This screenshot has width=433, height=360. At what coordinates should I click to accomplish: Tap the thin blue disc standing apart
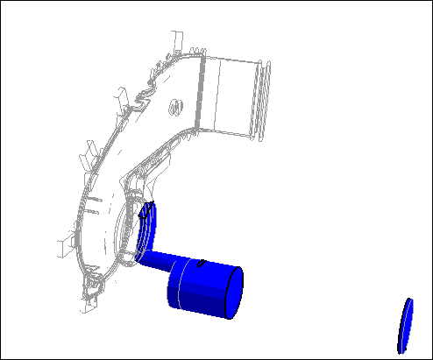tap(405, 324)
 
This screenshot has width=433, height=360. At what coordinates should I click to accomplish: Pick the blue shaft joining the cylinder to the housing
tap(156, 258)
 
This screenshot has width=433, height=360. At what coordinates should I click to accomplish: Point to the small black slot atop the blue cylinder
tap(202, 261)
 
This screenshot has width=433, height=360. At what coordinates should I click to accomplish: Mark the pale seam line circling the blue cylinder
tap(176, 289)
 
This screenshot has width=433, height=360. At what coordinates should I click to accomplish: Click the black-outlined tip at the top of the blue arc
tap(146, 208)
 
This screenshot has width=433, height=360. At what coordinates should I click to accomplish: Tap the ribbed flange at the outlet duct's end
tap(261, 101)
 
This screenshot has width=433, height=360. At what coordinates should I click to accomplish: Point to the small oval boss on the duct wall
tap(176, 108)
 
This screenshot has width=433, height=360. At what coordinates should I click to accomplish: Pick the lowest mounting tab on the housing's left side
tap(61, 245)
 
